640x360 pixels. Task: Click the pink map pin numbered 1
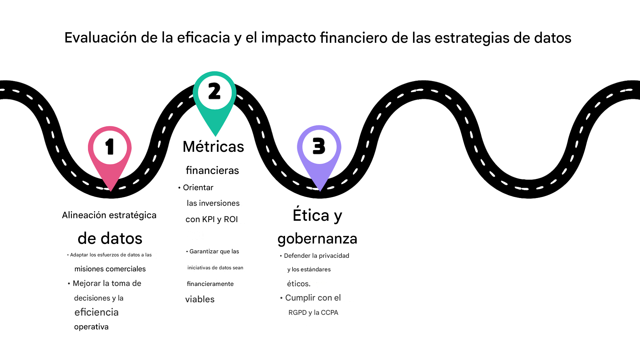coord(110,149)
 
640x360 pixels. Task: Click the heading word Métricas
coord(213,147)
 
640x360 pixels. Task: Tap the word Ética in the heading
coord(311,215)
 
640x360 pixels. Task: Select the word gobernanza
coord(317,239)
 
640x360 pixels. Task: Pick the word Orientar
coord(198,187)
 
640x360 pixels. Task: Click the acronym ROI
coord(231,219)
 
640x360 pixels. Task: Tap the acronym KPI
coord(208,219)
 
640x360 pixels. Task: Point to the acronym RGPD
coord(297,312)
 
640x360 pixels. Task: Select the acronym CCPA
coord(330,312)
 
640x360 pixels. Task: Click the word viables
coord(200,299)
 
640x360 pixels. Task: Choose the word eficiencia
coord(96,312)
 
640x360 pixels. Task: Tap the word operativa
coord(91,327)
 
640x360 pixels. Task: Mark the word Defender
coord(297,256)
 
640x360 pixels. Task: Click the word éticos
coord(299,284)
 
